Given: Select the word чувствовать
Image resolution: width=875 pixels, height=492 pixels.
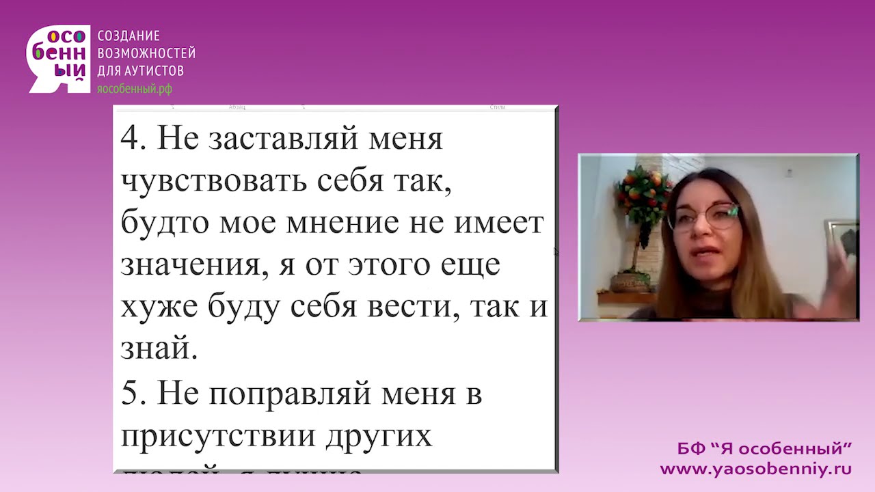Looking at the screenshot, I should coord(211,182).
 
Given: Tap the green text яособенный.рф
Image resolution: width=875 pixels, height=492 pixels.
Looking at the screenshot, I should coord(135,89).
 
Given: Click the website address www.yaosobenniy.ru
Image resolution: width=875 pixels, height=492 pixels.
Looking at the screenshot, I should coord(755,469).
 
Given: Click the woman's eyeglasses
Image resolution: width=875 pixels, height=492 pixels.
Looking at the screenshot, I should coord(704,217).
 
